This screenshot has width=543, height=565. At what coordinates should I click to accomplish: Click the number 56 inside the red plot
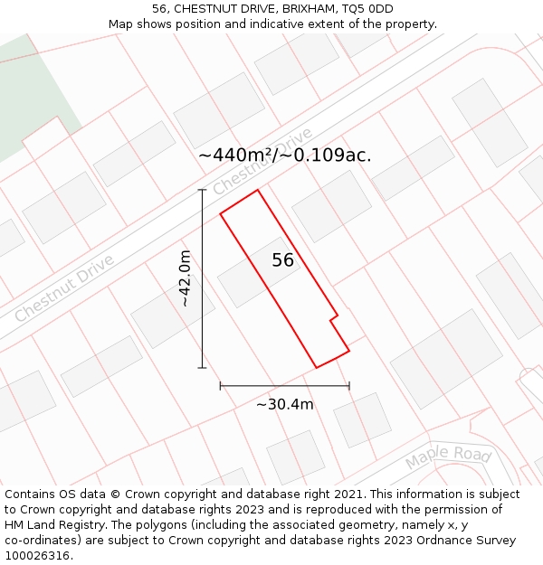click(283, 260)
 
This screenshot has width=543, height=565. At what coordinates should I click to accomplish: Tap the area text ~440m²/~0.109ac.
click(284, 155)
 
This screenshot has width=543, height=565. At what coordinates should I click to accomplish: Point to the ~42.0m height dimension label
click(185, 278)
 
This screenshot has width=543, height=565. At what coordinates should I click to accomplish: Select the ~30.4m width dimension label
click(284, 404)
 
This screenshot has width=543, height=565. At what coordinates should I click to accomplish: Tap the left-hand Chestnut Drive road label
click(63, 288)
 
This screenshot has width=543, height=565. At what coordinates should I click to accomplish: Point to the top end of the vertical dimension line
click(202, 190)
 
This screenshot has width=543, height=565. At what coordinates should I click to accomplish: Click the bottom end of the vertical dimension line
click(202, 368)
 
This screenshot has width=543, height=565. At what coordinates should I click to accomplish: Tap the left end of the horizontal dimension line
click(221, 386)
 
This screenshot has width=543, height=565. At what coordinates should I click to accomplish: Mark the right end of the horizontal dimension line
click(349, 386)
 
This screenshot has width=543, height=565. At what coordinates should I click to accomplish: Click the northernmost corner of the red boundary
click(258, 190)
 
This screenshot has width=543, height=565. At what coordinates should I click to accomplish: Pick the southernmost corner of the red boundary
click(316, 367)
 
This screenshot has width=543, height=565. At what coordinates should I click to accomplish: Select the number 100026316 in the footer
click(37, 556)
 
